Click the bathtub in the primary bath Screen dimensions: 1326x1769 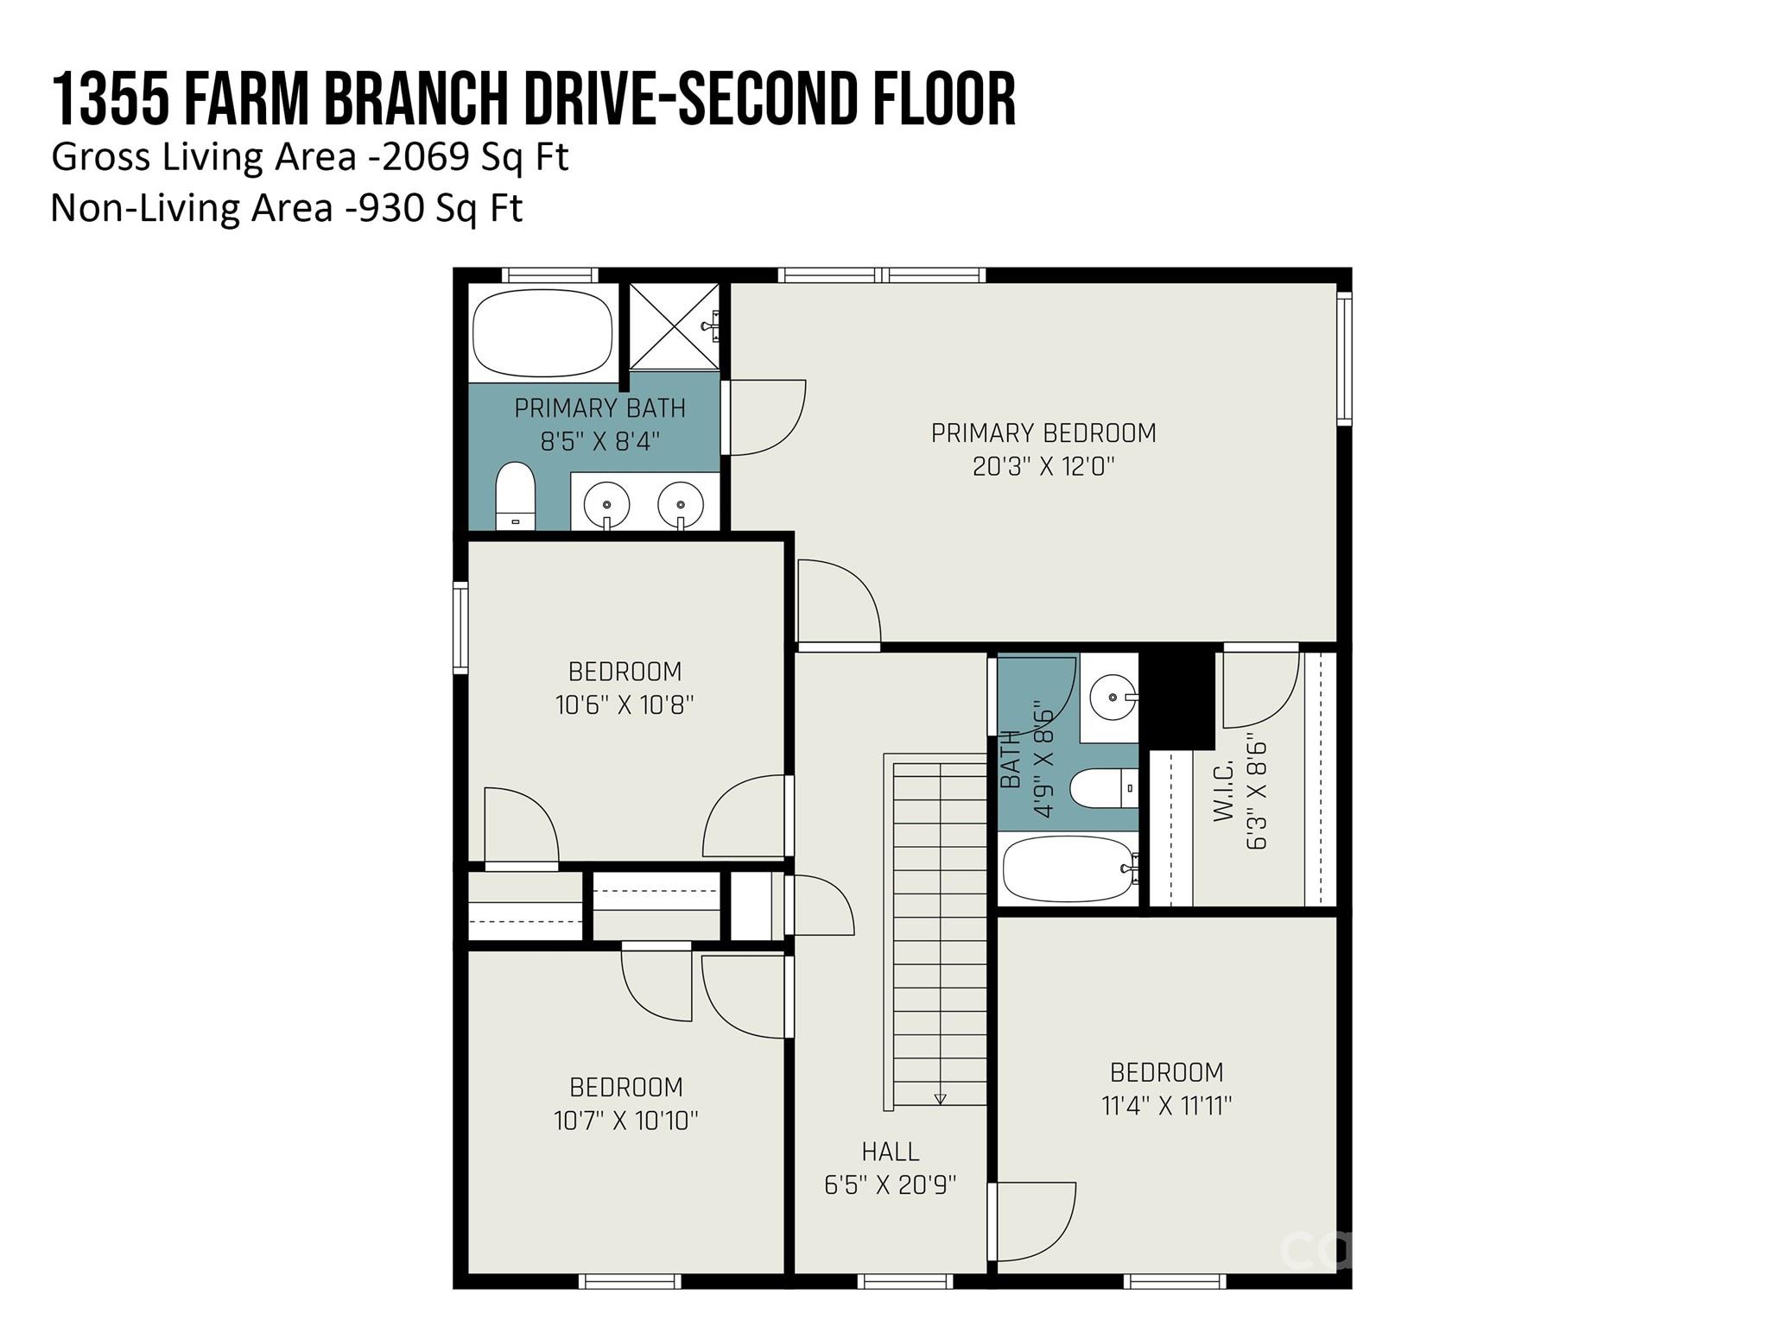pyautogui.click(x=543, y=332)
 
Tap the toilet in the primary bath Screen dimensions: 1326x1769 pyautogui.click(x=516, y=496)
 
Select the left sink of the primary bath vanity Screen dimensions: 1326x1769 pyautogui.click(x=606, y=502)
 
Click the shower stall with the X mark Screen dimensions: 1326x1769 pyautogui.click(x=673, y=327)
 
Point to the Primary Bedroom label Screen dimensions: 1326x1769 pyautogui.click(x=1043, y=433)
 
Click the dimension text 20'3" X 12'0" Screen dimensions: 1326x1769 pyautogui.click(x=1043, y=467)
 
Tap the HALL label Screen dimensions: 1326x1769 pyautogui.click(x=890, y=1152)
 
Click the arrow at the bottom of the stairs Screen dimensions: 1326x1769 pyautogui.click(x=940, y=1099)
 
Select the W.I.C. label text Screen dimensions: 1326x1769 pyautogui.click(x=1223, y=791)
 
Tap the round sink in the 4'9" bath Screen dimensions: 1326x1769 pyautogui.click(x=1112, y=697)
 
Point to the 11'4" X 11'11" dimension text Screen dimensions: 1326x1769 pyautogui.click(x=1166, y=1106)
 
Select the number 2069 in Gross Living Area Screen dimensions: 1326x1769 pyautogui.click(x=426, y=157)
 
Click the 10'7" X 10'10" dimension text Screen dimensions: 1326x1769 pyautogui.click(x=625, y=1121)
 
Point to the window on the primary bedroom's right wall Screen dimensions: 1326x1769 pyautogui.click(x=1344, y=358)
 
